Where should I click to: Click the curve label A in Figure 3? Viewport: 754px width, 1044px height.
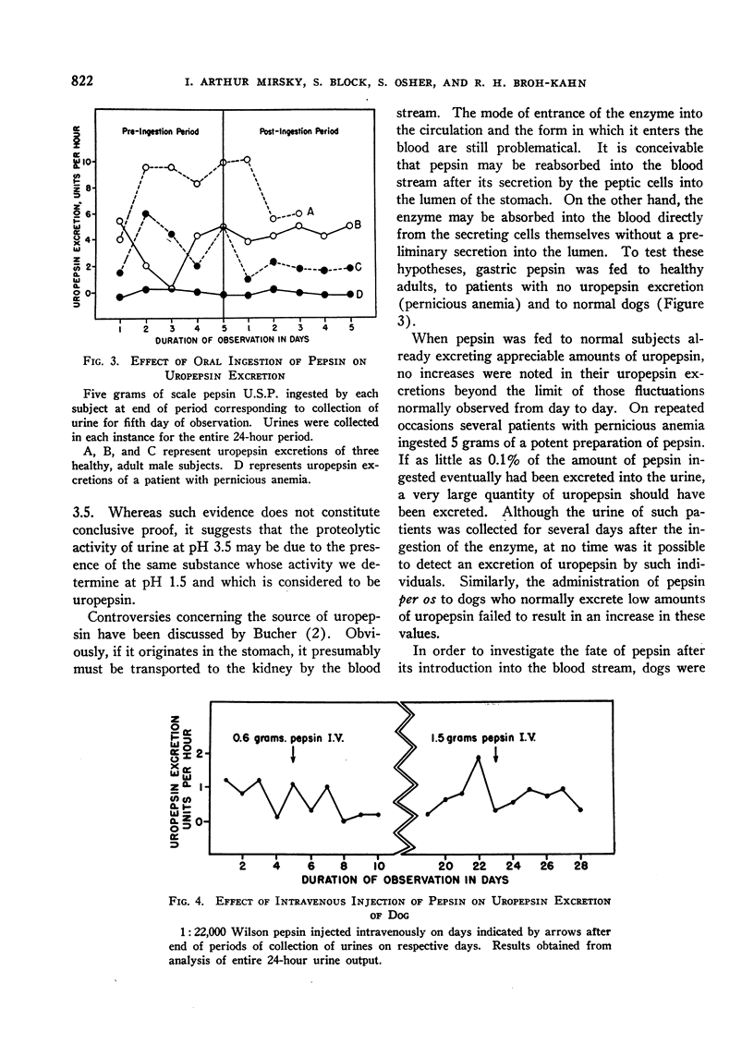tap(310, 212)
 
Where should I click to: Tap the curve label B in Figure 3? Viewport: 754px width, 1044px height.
tap(358, 225)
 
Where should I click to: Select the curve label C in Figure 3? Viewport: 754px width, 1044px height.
tap(358, 267)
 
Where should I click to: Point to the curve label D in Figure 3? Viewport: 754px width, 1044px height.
tap(358, 294)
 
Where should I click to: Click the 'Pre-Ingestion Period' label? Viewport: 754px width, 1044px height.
tap(160, 131)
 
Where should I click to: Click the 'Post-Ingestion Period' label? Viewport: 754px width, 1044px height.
tap(298, 131)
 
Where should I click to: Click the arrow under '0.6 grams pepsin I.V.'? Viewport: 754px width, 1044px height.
tap(292, 753)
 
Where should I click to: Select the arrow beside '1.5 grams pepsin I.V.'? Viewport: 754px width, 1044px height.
tap(496, 754)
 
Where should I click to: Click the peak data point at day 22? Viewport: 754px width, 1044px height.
tap(479, 758)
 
